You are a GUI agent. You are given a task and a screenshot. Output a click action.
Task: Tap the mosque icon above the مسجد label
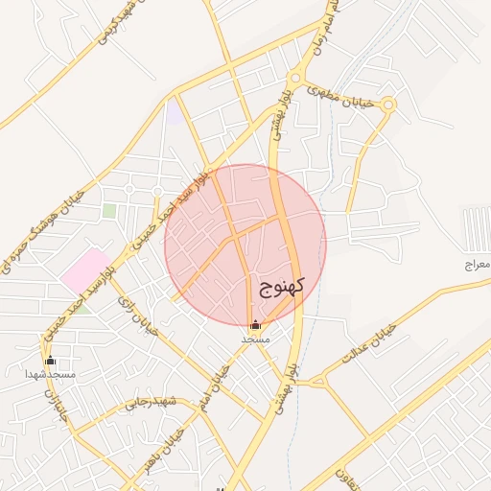254,325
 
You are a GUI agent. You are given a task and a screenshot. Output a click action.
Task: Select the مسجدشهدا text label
50,373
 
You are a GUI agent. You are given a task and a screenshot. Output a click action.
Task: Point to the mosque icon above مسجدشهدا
50,360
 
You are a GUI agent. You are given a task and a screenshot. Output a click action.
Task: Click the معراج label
475,263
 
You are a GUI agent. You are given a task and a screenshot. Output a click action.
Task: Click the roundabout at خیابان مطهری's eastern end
388,105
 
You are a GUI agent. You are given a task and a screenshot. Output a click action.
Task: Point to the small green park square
109,210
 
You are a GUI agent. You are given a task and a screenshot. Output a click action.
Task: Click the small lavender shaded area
174,112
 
